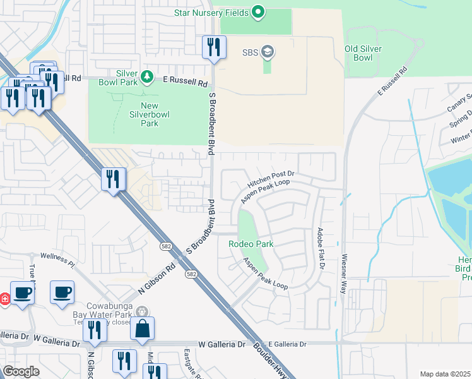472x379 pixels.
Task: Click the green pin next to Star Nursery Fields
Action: point(257,12)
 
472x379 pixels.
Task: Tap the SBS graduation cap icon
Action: point(267,52)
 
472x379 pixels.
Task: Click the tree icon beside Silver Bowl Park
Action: point(146,77)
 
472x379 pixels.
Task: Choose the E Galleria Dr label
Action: point(287,344)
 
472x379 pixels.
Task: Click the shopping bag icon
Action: point(142,328)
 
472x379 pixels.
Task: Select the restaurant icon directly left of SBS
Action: point(214,47)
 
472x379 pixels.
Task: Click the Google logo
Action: point(21,371)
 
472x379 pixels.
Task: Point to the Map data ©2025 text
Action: point(445,374)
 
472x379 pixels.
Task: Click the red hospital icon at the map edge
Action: point(4,298)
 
